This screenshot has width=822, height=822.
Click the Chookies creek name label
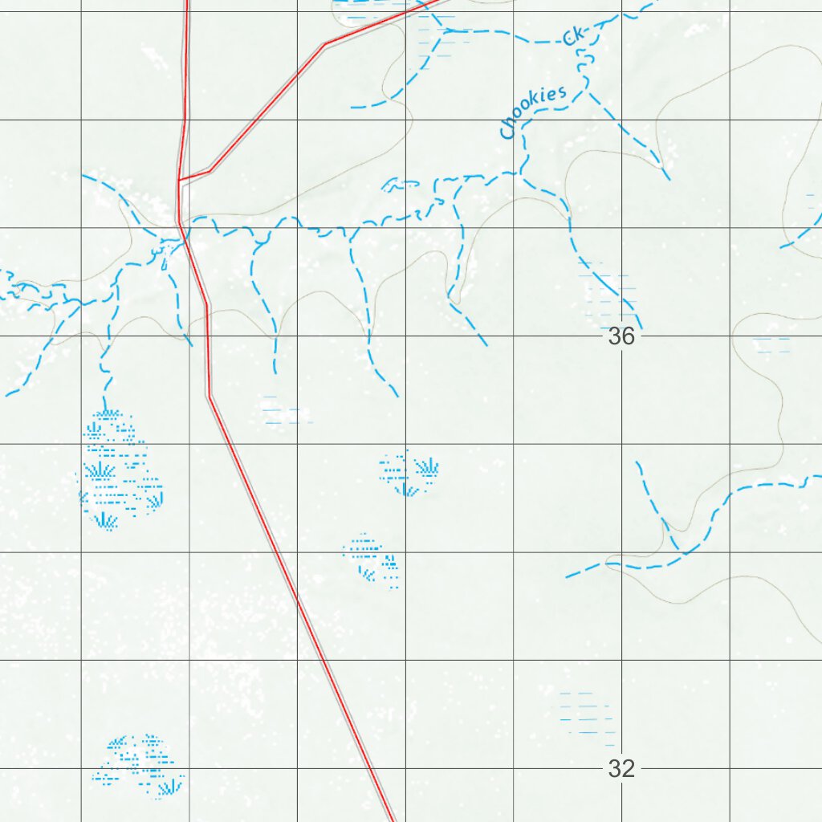click(532, 112)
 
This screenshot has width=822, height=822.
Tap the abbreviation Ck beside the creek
click(576, 36)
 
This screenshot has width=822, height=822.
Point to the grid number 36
click(621, 336)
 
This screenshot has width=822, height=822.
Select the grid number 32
click(621, 769)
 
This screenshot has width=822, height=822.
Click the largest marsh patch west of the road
click(118, 470)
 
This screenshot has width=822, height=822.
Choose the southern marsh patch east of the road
click(372, 557)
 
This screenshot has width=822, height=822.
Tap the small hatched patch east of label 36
click(772, 346)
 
